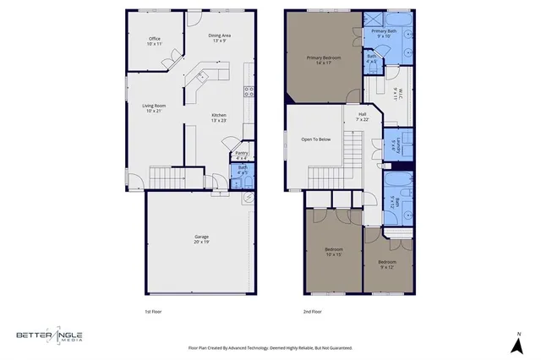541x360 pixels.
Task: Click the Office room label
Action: (x=155, y=41)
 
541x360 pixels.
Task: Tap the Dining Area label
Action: (x=220, y=37)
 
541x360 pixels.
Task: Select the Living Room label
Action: (x=153, y=108)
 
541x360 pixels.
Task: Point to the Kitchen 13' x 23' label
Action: (x=219, y=117)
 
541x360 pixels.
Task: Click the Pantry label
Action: (x=241, y=155)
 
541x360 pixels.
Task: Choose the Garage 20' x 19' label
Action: (x=201, y=239)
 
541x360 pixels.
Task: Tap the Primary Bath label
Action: (x=385, y=34)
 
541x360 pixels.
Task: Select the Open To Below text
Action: (x=315, y=139)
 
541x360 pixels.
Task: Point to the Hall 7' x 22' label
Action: (x=362, y=117)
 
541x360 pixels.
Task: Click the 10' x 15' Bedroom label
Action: (x=334, y=251)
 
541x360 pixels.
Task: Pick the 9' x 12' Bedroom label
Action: (x=386, y=265)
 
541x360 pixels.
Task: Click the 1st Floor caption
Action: (x=154, y=311)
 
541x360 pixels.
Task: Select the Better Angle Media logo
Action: (x=51, y=335)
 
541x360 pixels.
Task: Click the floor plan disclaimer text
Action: (x=270, y=347)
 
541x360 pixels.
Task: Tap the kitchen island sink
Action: (x=201, y=76)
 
